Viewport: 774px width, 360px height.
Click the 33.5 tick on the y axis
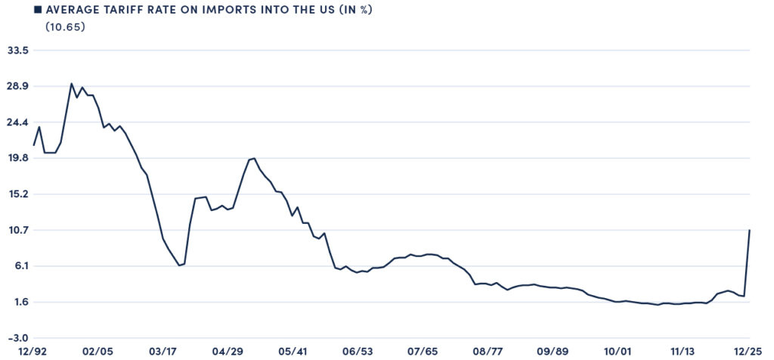click(17, 51)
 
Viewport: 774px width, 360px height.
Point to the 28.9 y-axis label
click(17, 87)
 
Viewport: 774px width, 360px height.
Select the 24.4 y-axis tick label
click(17, 123)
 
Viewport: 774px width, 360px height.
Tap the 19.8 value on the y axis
click(17, 158)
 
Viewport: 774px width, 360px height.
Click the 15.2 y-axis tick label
click(17, 194)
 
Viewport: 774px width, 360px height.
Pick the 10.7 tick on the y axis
click(17, 230)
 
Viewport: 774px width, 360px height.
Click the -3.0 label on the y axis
click(17, 338)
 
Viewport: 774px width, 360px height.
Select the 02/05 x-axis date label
click(98, 352)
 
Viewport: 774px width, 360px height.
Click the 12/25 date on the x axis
click(748, 352)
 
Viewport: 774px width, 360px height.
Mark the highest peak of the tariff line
click(72, 84)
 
